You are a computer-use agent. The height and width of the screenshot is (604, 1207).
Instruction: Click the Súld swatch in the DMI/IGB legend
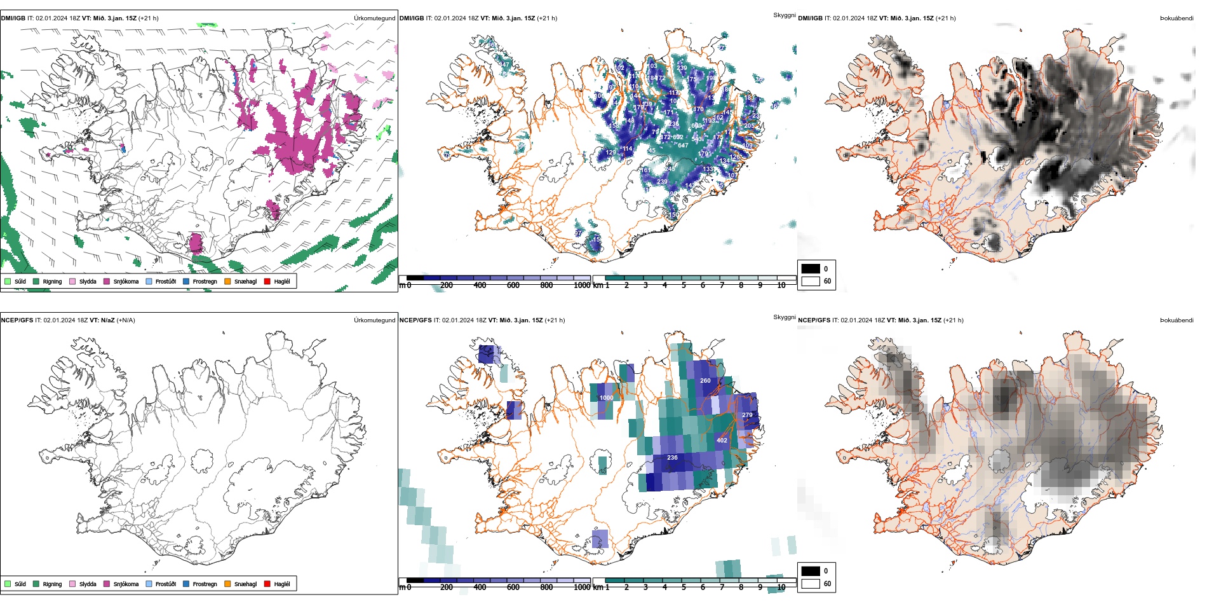coord(8,281)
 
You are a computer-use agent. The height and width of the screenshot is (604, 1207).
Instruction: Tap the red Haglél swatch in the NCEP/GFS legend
coord(267,584)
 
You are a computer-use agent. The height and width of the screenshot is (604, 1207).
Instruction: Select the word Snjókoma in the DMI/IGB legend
coord(126,281)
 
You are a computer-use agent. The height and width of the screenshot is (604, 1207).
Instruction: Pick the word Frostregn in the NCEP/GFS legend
coord(205,584)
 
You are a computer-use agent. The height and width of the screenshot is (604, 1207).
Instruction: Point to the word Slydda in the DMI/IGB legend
coord(88,281)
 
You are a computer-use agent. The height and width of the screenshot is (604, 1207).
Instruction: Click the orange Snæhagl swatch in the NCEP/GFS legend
coord(227,584)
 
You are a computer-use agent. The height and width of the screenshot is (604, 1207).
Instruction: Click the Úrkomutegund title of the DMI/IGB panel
coord(374,18)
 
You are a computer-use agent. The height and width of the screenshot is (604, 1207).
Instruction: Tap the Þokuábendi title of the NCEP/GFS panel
coord(1177,320)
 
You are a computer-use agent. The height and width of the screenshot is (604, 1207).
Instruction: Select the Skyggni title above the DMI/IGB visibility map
coord(784,15)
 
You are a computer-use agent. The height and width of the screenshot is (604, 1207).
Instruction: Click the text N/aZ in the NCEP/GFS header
coord(107,320)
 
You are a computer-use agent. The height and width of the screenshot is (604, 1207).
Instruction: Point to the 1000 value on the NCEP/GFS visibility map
coord(607,398)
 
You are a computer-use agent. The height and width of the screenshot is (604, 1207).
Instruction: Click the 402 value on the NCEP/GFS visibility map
coord(722,440)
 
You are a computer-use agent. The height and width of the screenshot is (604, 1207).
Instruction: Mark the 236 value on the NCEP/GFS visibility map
coord(672,457)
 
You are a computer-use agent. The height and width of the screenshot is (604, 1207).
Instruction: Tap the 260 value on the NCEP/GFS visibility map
coord(705,381)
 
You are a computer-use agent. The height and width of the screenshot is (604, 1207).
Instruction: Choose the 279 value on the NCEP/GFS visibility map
coord(747,415)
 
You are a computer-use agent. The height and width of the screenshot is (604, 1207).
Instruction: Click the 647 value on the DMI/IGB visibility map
coord(683,146)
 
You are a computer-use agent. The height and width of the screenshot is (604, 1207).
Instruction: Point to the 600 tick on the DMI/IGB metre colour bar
coord(513,285)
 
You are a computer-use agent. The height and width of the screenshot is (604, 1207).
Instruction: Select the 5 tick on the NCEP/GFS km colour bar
coord(684,587)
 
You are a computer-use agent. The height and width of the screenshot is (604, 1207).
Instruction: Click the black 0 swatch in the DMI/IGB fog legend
coord(811,268)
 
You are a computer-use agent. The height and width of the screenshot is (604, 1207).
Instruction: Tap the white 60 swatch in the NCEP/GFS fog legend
coord(811,584)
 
